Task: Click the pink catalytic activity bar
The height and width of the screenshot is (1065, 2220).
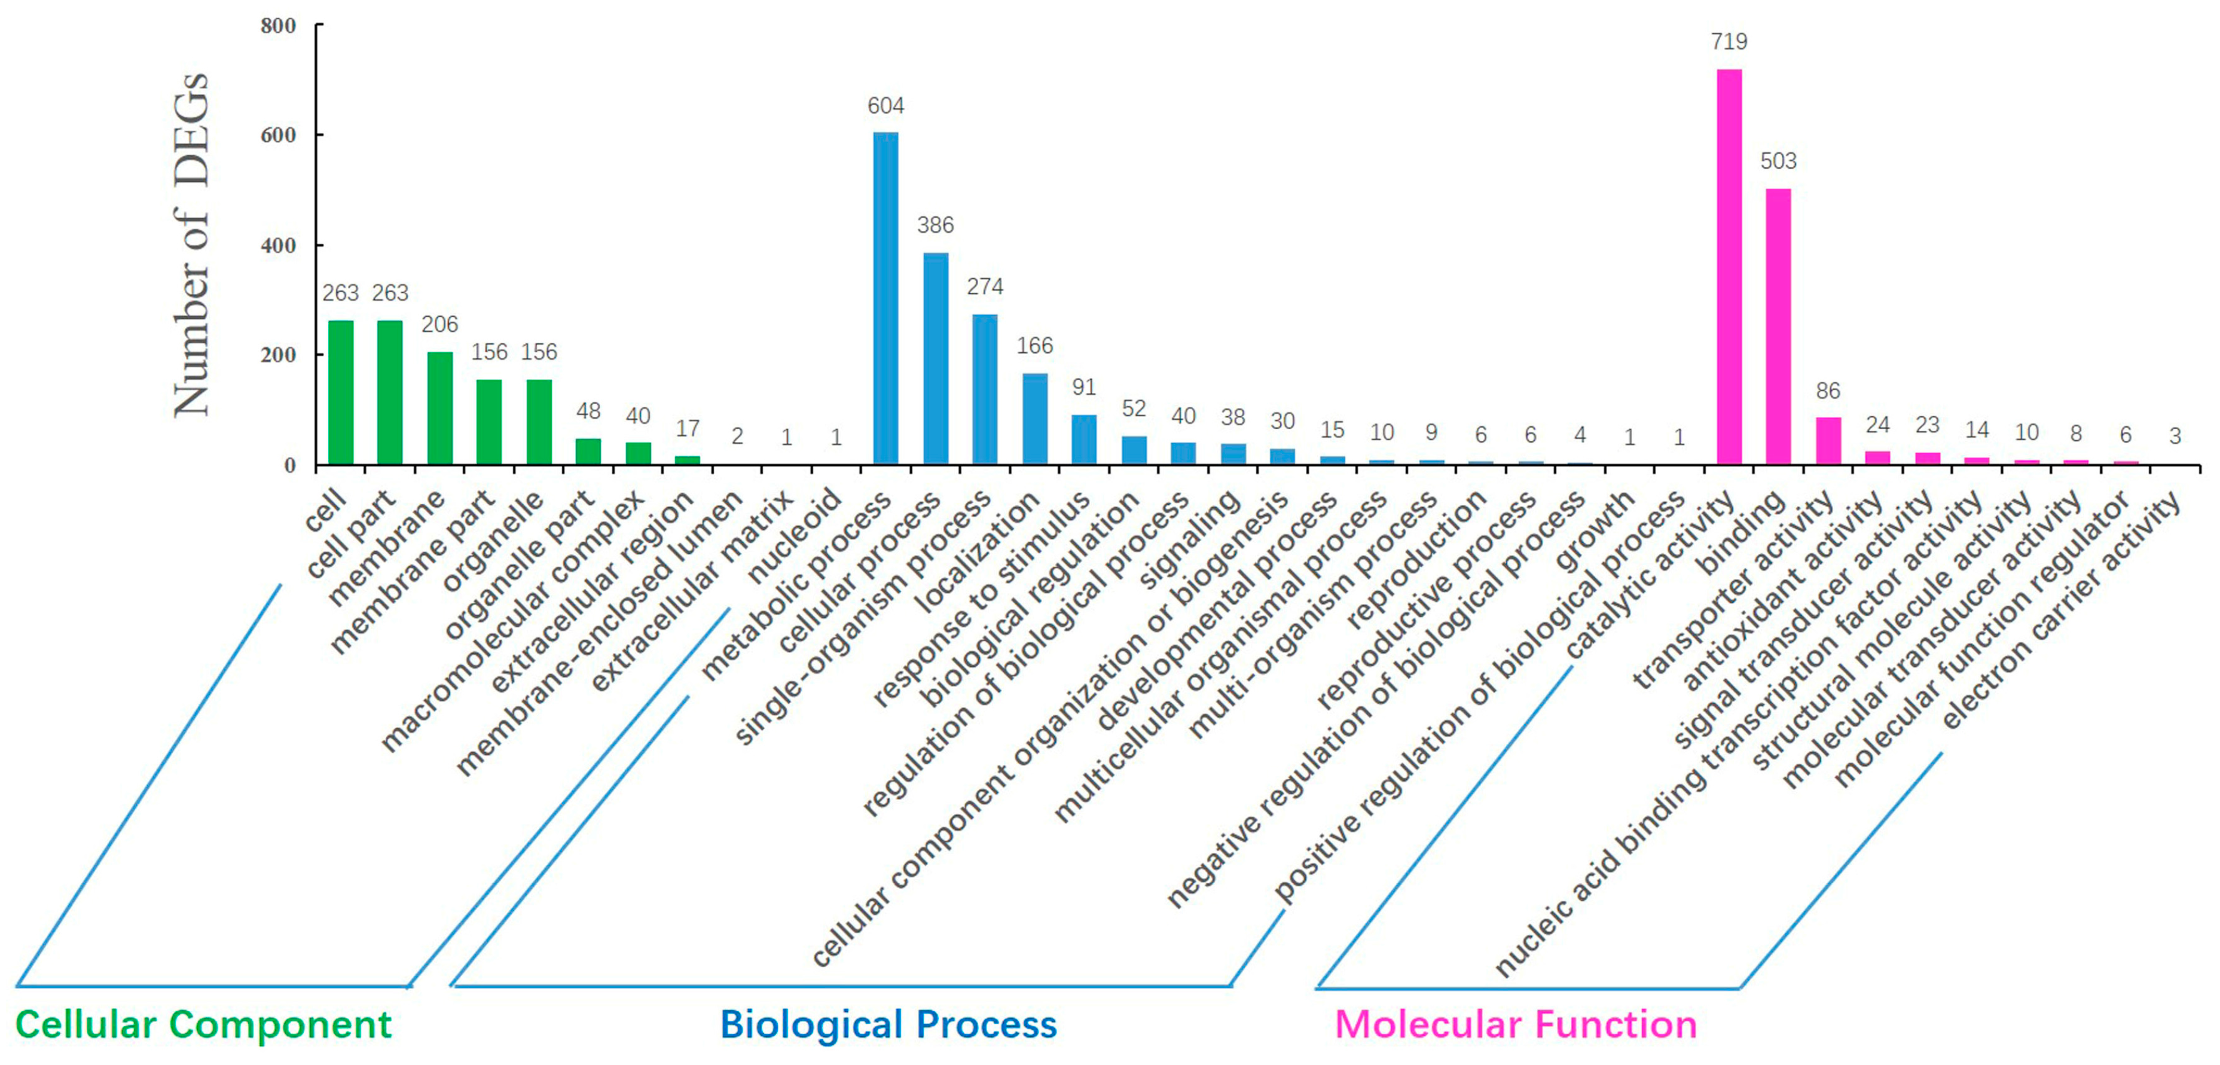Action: point(1729,267)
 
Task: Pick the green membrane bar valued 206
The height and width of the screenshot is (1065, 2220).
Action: point(439,408)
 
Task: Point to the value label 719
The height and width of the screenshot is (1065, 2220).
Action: point(1729,41)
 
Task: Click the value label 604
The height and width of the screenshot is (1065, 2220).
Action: point(886,106)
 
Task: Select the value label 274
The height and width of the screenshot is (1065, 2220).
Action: point(984,286)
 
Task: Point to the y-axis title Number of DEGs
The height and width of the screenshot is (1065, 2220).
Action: point(191,246)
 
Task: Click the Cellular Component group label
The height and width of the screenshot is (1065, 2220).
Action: point(203,1024)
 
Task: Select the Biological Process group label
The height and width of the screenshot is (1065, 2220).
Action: point(888,1024)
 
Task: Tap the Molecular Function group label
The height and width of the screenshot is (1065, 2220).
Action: point(1516,1024)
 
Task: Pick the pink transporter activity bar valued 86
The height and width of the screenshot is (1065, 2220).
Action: point(1828,441)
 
